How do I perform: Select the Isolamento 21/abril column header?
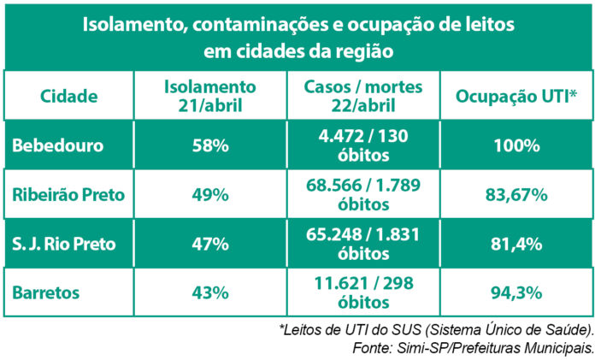pos(209,96)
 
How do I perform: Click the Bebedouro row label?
pos(58,145)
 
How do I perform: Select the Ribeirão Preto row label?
pos(68,195)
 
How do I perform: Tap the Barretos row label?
pos(48,292)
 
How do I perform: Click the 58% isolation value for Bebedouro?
pos(209,145)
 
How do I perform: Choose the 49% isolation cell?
pos(209,195)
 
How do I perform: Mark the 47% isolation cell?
pos(209,244)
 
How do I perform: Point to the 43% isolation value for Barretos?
pos(209,292)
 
